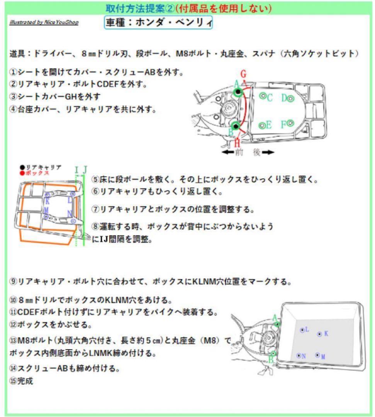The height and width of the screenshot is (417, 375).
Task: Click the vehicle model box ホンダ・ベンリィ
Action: [158, 23]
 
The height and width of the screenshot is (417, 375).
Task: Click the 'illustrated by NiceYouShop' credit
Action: [44, 22]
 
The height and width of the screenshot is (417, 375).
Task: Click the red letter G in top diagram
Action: [243, 73]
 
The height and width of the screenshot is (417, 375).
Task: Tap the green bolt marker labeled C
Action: [263, 96]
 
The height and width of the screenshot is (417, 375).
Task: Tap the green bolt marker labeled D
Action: [291, 98]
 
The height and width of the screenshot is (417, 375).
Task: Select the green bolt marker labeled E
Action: [262, 125]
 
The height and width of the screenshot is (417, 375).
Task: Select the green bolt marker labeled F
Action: [291, 123]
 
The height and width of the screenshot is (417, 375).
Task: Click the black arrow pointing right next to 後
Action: [267, 153]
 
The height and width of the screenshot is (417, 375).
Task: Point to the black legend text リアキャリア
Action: [42, 167]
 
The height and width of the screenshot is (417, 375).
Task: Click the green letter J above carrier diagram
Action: [85, 169]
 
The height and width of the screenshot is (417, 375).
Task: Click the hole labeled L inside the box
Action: [302, 330]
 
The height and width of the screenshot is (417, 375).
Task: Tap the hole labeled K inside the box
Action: [319, 334]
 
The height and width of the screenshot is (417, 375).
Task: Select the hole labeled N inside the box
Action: [298, 356]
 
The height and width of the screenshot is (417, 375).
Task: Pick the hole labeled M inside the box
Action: [317, 355]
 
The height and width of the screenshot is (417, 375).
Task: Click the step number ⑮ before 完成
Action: [13, 381]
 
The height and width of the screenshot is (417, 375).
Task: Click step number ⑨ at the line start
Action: [13, 281]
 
